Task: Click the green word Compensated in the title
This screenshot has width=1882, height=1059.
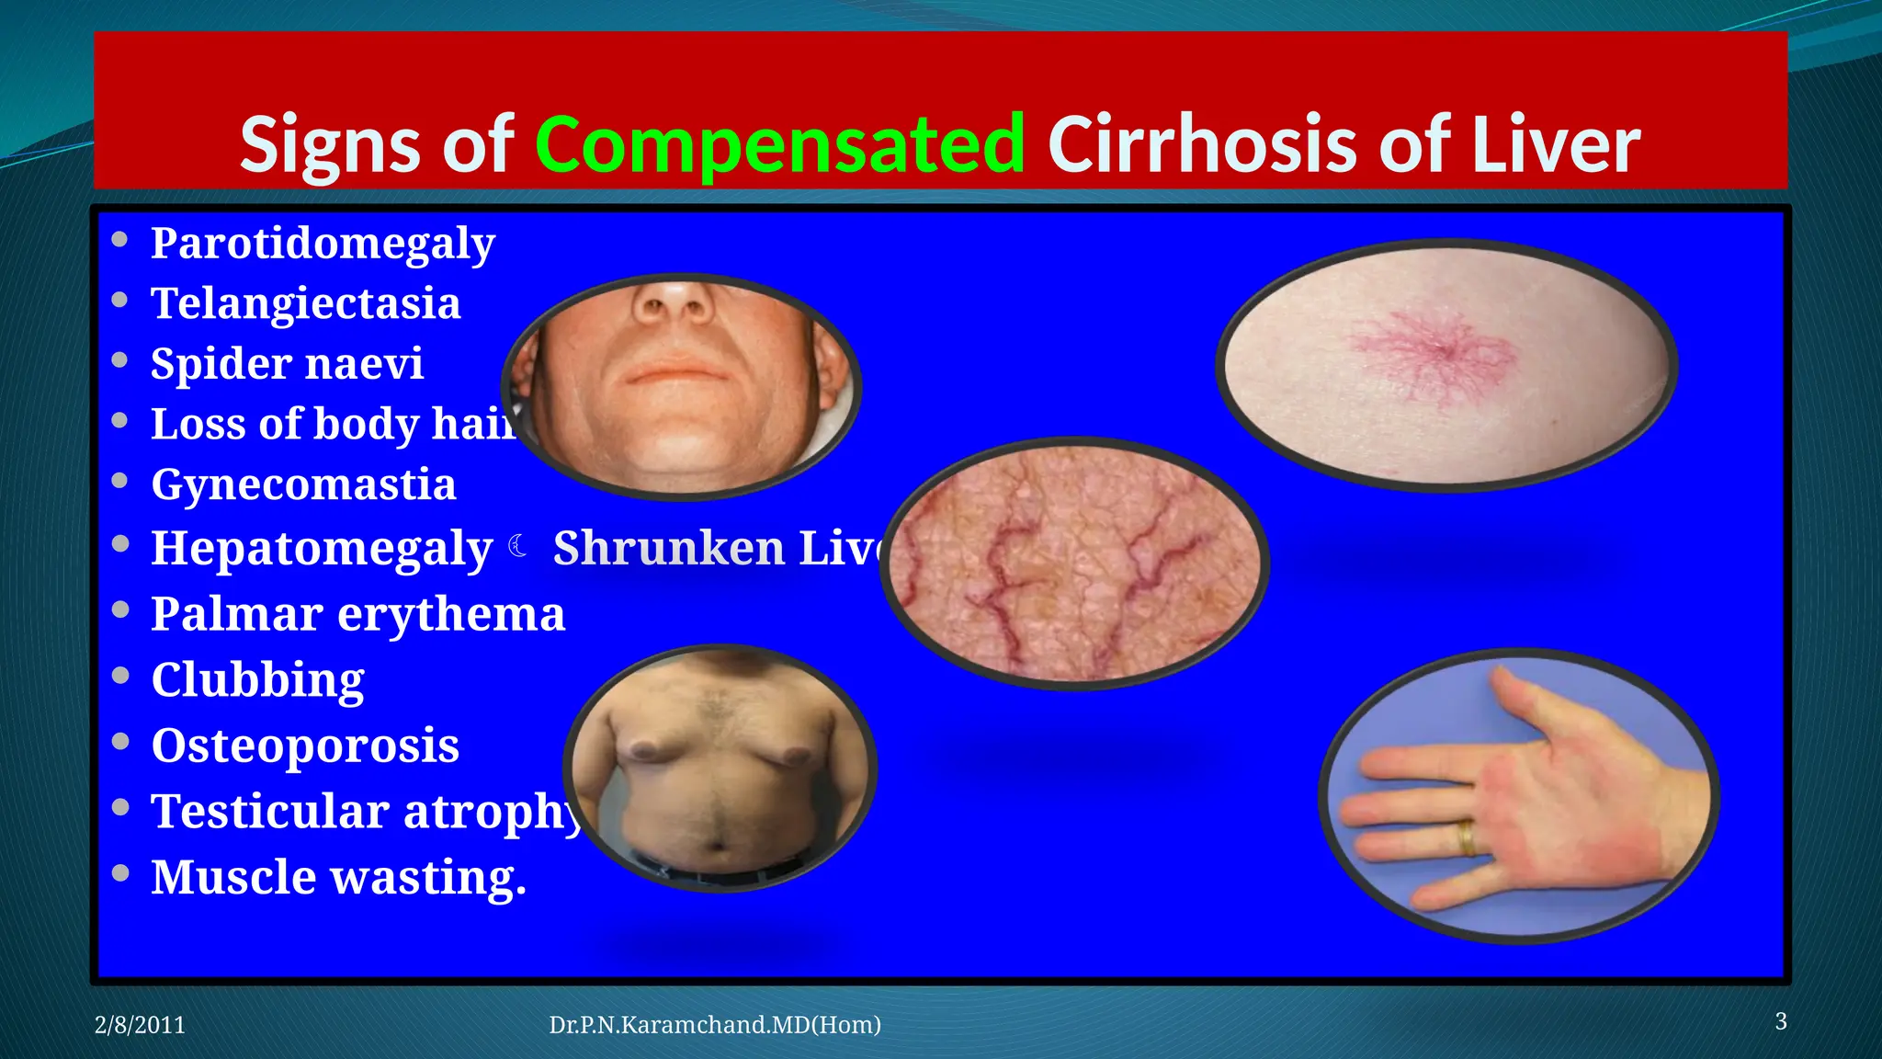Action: coord(779,145)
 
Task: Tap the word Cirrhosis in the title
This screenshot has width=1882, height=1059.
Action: coord(1202,145)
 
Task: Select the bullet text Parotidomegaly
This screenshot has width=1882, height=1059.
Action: coord(323,244)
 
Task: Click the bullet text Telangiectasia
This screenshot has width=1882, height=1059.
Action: coord(305,303)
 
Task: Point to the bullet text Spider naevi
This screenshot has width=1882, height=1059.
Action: coord(287,363)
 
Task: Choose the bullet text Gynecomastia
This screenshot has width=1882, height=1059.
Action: coord(303,484)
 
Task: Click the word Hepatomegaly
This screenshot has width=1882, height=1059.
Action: coord(322,549)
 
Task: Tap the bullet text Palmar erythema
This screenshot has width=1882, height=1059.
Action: coord(357,613)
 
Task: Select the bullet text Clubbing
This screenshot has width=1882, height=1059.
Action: coord(257,679)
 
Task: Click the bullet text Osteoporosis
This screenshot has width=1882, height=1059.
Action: coord(305,745)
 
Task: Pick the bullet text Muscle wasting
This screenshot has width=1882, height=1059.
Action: coord(338,877)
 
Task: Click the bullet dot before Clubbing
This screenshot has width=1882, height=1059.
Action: coord(120,676)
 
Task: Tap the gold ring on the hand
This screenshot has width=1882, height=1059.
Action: coord(1468,837)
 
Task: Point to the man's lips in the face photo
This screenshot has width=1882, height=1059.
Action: coord(678,372)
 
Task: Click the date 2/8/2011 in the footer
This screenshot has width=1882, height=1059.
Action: coord(140,1025)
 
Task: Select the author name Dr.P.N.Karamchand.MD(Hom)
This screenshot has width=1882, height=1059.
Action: coord(714,1025)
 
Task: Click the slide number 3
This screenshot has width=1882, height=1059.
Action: coord(1780,1021)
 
